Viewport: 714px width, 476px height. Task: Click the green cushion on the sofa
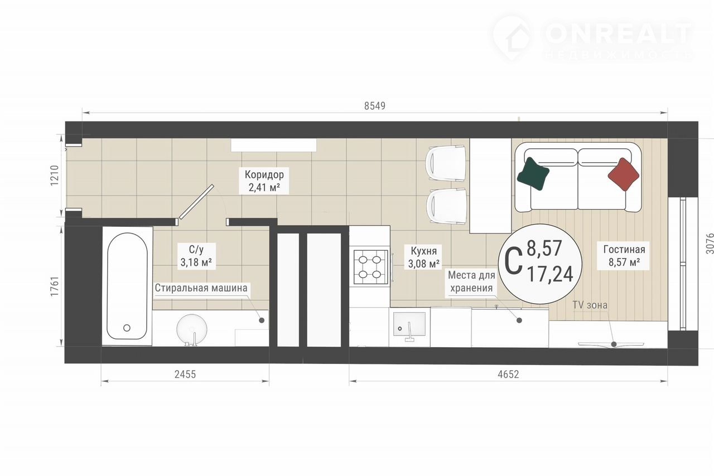coord(533,174)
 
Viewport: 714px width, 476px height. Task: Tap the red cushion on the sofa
coord(624,174)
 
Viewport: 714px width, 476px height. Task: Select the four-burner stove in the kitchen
coord(370,267)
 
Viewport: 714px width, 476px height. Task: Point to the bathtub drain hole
coord(127,328)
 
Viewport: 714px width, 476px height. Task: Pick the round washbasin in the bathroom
coord(191,329)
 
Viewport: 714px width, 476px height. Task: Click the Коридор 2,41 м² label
coord(264,181)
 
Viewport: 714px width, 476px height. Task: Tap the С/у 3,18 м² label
coord(196,256)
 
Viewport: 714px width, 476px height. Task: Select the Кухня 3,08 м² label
coord(423,257)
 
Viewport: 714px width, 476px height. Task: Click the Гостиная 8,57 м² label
coord(624,255)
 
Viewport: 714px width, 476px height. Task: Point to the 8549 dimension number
coord(375,106)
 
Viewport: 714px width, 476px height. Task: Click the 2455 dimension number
coord(185,374)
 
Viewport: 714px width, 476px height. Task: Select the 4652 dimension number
coord(508,374)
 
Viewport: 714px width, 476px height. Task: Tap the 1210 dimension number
coord(55,176)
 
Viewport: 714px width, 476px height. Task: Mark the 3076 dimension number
coord(710,244)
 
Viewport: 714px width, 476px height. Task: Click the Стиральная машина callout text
coord(201,288)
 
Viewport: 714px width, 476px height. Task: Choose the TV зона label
coord(590,305)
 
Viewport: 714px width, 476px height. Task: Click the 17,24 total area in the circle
coord(551,274)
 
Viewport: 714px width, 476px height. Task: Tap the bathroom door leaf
coord(196,202)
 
